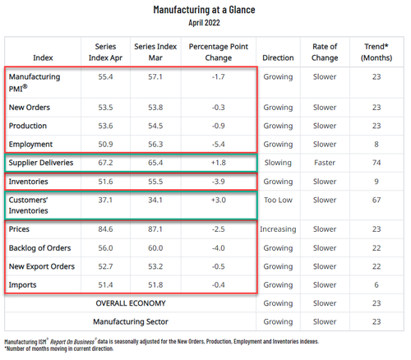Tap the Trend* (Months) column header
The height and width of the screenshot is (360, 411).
(x=376, y=52)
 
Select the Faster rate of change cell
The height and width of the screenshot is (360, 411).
(x=326, y=164)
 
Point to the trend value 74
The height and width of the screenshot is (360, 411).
(x=376, y=164)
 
